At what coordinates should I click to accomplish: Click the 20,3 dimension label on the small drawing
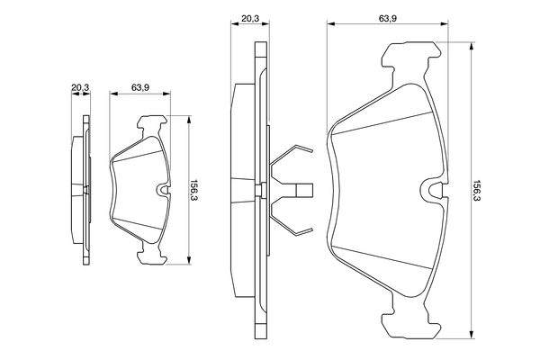(81, 87)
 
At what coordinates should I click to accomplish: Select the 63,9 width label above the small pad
(139, 87)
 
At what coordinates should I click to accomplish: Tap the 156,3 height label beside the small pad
(193, 191)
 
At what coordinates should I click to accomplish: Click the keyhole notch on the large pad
(434, 190)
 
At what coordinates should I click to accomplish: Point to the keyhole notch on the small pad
(162, 190)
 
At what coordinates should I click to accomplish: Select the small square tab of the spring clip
(305, 190)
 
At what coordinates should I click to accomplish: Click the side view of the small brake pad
(81, 191)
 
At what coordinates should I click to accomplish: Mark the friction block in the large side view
(241, 190)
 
